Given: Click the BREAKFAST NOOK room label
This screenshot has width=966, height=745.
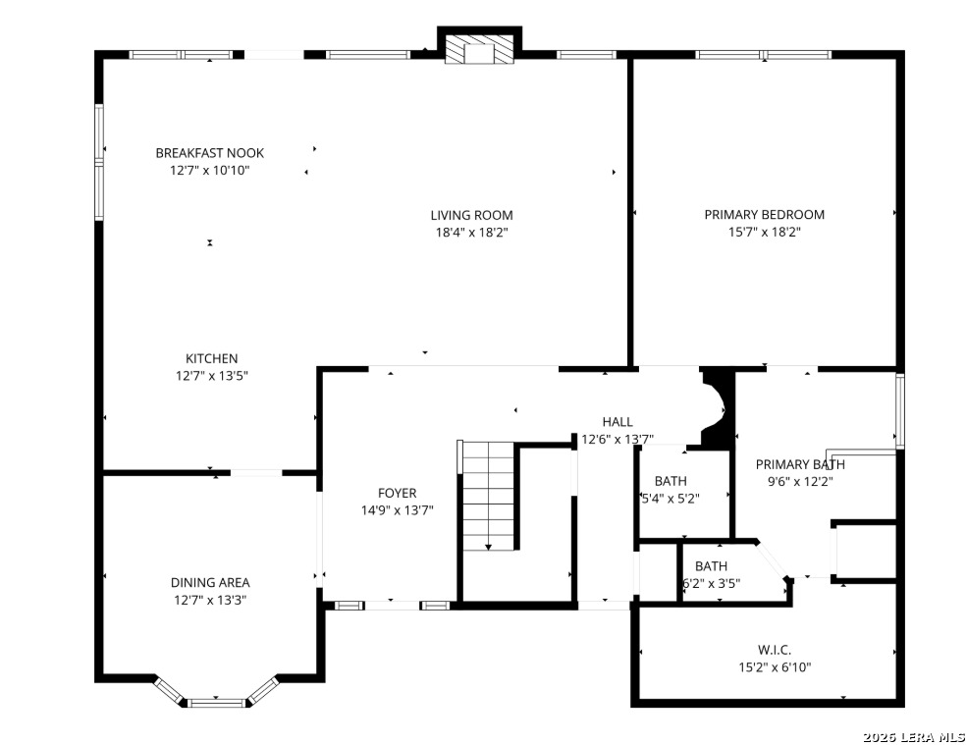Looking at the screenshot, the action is point(209,153).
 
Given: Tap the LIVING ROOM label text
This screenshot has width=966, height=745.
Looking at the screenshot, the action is point(471,215).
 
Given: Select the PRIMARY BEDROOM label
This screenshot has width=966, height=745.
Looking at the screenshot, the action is point(764,214).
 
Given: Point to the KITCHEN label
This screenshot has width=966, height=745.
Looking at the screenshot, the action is point(211,358).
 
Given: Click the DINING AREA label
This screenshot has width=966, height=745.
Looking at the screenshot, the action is point(210,582).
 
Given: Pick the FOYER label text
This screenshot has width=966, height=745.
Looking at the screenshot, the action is point(397,493).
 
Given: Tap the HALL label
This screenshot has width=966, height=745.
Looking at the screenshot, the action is point(617,422).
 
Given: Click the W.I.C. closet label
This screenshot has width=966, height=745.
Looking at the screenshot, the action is point(775,650).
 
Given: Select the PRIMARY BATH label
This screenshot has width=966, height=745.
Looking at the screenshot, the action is point(800,464).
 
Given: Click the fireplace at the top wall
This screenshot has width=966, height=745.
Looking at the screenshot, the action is point(479,49).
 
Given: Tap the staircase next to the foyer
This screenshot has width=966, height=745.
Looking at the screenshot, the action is point(488,496).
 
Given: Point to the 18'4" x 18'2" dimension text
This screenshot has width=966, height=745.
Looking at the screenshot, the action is point(471,233).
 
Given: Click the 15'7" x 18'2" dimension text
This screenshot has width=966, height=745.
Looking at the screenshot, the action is point(764,232).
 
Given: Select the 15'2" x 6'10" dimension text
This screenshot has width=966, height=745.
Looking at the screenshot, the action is point(775,666).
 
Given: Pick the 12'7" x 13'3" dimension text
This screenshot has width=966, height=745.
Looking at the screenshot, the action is point(210,600).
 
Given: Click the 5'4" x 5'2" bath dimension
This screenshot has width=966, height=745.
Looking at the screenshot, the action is point(671,499).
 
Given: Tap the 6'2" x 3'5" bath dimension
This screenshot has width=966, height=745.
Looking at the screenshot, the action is point(711,583).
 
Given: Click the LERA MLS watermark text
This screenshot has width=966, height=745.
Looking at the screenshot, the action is point(914,737).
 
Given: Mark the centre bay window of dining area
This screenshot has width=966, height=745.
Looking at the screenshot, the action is point(216,703).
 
